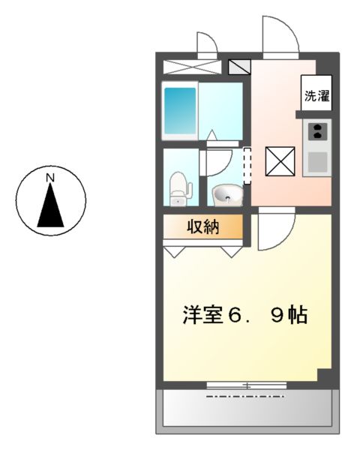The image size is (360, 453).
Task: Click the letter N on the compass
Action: coord(50,178)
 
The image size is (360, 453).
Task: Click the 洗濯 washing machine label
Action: coord(316,96)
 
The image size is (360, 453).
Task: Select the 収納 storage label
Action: coord(202,226)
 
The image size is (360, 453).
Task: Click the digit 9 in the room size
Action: coord(277,316)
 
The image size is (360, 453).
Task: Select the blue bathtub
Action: coord(181,111)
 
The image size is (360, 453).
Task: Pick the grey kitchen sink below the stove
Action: coord(316,161)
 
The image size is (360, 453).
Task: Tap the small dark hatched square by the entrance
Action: coord(240,67)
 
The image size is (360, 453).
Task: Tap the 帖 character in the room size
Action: coord(298,316)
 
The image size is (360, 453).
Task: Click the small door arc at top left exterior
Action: coord(205,43)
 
